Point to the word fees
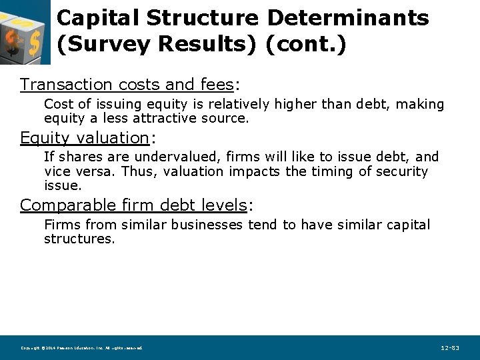[x=216, y=85]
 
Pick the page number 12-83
[x=450, y=348]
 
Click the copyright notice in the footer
[x=81, y=348]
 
